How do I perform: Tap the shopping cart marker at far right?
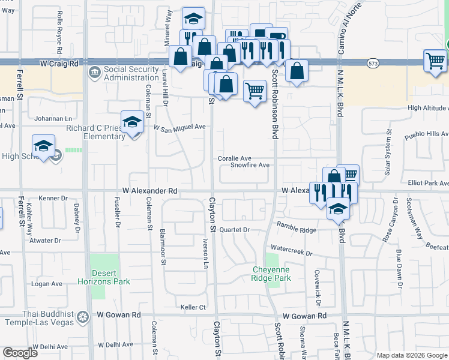pos(435,61)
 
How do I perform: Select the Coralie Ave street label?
pos(234,158)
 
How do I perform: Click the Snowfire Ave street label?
pos(250,165)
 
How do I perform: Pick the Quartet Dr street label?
pos(234,230)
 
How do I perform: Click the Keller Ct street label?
pos(193,308)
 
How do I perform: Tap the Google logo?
pos(20,353)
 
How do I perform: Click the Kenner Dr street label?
pos(53,198)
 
